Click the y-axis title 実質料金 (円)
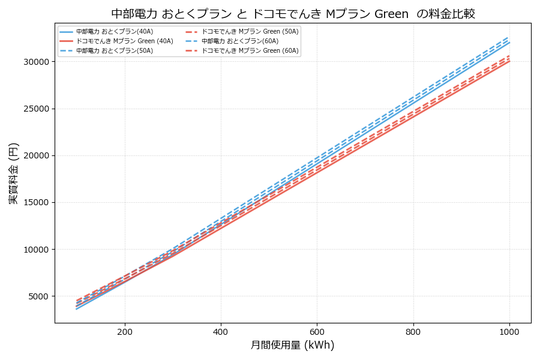[14, 173]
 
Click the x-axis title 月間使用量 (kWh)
[292, 345]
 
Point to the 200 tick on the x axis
[125, 331]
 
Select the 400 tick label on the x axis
[221, 331]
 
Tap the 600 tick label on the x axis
[317, 331]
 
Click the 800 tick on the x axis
[413, 331]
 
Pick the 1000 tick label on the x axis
[509, 331]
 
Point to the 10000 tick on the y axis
[36, 250]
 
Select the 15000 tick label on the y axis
[36, 203]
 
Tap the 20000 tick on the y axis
[36, 155]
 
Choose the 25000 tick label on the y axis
[36, 109]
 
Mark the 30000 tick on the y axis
[36, 62]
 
